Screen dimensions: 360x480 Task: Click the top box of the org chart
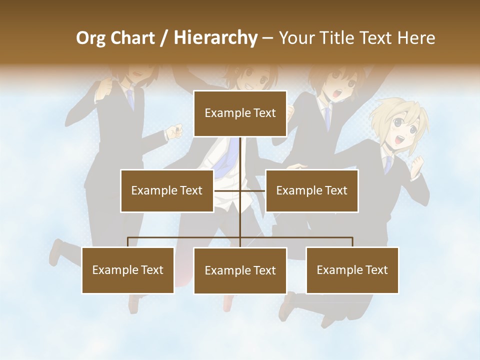(240, 113)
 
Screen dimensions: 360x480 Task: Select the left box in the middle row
(166, 190)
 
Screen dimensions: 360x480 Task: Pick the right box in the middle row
(311, 190)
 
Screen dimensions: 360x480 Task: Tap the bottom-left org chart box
(128, 270)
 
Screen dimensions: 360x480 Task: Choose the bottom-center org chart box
(240, 270)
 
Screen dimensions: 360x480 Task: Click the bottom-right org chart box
(352, 270)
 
